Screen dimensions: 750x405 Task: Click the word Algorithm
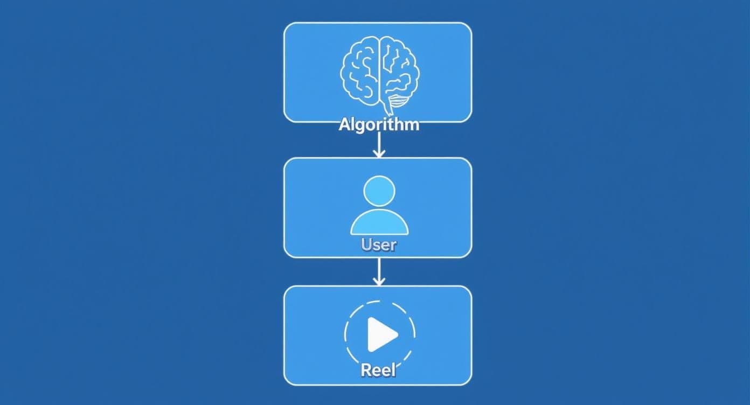tap(379, 125)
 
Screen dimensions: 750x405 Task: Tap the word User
tap(379, 245)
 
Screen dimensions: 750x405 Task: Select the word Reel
tap(378, 370)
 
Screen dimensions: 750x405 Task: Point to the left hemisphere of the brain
tap(359, 71)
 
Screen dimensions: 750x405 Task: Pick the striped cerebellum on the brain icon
tap(399, 100)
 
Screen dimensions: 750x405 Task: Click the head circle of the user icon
tap(379, 191)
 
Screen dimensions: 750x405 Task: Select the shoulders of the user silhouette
tap(379, 222)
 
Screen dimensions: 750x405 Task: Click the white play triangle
tap(381, 334)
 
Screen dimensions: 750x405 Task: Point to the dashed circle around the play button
tap(380, 334)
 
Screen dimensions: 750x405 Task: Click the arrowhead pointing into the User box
tap(379, 153)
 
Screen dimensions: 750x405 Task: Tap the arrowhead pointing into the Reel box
tap(379, 281)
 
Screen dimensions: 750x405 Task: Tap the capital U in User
tap(366, 245)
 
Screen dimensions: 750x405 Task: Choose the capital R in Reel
tap(366, 370)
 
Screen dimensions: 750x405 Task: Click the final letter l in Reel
tap(394, 370)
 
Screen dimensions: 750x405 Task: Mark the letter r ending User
tap(393, 247)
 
